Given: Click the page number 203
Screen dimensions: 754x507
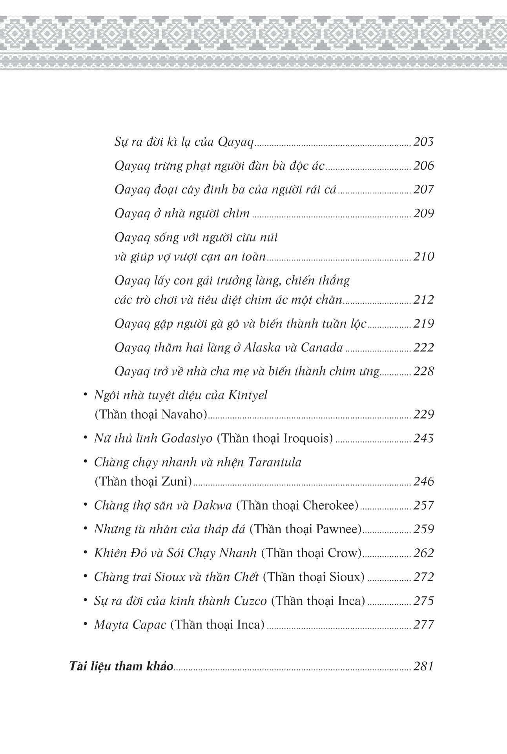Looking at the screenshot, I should (423, 142).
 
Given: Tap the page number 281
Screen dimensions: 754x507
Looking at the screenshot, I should (423, 666).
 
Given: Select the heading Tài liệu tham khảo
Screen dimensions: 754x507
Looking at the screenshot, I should (121, 667).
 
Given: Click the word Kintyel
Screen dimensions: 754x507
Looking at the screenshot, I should (247, 395).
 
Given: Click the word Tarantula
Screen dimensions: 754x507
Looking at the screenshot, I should (275, 462).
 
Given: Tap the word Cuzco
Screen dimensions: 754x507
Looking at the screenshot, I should (251, 601).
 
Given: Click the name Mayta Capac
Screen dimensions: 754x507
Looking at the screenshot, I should (130, 625).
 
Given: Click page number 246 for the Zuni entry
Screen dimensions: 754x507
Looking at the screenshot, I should (423, 481).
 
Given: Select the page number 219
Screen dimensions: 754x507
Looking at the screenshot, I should (423, 324).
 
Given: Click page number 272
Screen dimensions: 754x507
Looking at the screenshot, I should (423, 577).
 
